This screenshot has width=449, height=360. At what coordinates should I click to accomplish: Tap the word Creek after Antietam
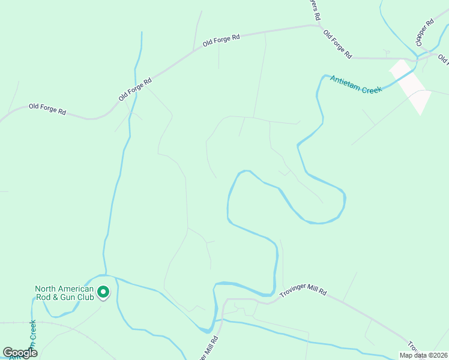[372, 89]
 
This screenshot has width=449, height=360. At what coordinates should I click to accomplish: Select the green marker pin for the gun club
[103, 292]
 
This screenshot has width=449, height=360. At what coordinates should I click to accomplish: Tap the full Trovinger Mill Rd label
[303, 292]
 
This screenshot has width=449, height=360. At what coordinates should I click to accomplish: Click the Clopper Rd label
[424, 32]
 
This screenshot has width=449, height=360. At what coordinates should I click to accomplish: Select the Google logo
[20, 353]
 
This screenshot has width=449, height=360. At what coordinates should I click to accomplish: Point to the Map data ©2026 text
[423, 355]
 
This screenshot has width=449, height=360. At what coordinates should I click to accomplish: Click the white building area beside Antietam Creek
[411, 85]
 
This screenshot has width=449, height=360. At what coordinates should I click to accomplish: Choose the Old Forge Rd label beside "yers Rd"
[337, 43]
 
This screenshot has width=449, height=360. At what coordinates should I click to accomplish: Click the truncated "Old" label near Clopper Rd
[443, 59]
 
